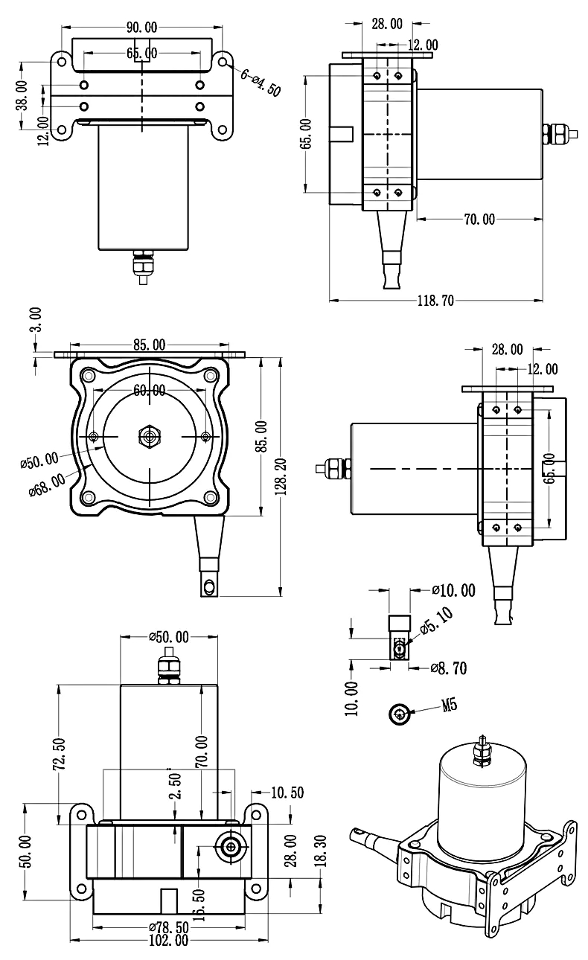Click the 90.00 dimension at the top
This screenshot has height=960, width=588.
coord(141,28)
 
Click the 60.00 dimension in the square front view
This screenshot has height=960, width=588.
coord(150,391)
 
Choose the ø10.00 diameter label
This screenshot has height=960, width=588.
coord(453,591)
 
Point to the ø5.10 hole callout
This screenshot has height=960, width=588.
coord(439,622)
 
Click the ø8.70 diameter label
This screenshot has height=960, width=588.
coord(449,668)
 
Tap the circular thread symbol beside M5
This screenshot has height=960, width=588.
coord(400,714)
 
